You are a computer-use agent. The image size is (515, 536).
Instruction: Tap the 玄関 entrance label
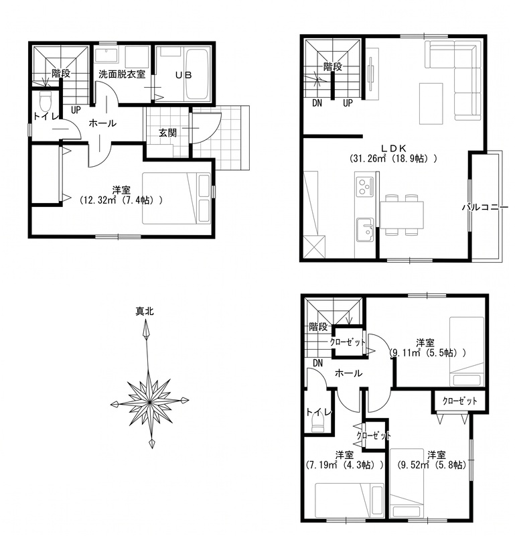pos(167,133)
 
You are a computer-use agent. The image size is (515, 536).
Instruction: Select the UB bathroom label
pos(183,75)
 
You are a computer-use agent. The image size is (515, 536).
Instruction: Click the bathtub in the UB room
pos(197,75)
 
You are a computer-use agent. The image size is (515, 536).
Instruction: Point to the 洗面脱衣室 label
pos(122,74)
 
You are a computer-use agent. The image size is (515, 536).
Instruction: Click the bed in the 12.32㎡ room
pos(176,198)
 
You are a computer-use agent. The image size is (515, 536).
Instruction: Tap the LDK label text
pos(393,148)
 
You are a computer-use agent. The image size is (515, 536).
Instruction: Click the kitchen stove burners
pos(364,187)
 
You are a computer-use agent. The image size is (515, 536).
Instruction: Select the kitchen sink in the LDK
pos(365,230)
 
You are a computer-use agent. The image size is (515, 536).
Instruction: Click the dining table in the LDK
pos(402,215)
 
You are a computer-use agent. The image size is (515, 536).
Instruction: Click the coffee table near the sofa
pos(431,103)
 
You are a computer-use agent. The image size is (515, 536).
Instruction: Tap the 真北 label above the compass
pos(145,312)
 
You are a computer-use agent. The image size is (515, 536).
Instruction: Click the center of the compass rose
pos(150,403)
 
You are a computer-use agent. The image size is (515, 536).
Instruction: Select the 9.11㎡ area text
pos(428,353)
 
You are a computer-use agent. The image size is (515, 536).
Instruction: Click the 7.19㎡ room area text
pos(344,465)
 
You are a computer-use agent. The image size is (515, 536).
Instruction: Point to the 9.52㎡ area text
pos(432,465)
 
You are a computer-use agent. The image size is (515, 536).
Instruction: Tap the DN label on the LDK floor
pos(317,103)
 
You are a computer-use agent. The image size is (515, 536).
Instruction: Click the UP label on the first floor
pos(76,110)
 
